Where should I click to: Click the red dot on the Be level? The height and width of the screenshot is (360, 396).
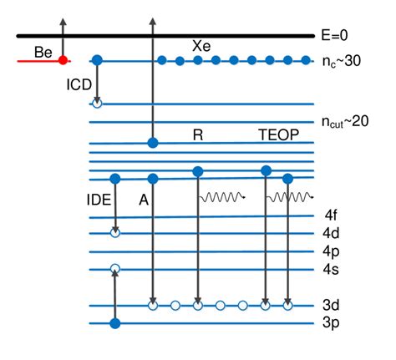(x=62, y=60)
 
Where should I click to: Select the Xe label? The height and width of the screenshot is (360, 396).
(x=201, y=44)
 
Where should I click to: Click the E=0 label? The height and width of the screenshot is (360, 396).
(x=342, y=36)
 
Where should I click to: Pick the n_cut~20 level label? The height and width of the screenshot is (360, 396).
(x=345, y=123)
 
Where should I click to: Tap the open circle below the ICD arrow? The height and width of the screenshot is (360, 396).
(x=97, y=104)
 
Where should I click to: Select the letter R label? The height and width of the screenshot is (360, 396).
(x=198, y=134)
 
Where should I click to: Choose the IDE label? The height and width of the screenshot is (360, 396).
(x=99, y=200)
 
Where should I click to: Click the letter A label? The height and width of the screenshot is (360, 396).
(x=144, y=200)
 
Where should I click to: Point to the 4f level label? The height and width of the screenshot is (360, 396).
(x=332, y=215)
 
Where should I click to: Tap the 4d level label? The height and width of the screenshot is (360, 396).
(x=332, y=233)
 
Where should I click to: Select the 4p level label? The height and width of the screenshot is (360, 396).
(x=332, y=251)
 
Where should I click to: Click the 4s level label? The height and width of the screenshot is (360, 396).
(x=332, y=269)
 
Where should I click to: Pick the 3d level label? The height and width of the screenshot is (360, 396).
(x=332, y=306)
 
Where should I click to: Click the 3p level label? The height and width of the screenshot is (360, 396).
(x=332, y=323)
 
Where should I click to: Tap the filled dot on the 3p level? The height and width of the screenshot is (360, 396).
(x=115, y=323)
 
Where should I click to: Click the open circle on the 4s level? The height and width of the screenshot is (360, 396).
(x=115, y=269)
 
